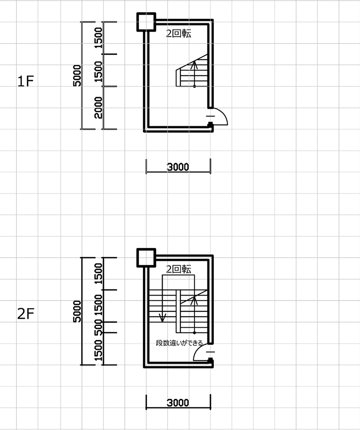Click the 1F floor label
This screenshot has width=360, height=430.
coord(26,81)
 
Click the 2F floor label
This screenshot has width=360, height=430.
coord(26,314)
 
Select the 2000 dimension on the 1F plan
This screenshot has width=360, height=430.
coord(98,107)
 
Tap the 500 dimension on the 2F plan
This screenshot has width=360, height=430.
coord(98,327)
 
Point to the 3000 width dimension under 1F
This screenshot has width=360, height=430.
coord(178,167)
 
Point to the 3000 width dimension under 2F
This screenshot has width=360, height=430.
coord(178,403)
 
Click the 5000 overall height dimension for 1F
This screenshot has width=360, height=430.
coord(77,75)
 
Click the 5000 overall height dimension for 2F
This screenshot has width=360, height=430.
coord(77,311)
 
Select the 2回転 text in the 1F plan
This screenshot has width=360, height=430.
coord(179,33)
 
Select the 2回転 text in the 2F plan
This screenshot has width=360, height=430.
coord(179,269)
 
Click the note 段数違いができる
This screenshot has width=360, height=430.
coord(179,343)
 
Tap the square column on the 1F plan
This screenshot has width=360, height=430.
coord(146,22)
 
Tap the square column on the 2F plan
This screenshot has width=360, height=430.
coord(146,258)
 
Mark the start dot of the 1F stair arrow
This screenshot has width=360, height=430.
coord(194,86)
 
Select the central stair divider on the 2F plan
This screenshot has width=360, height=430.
coord(178,311)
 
